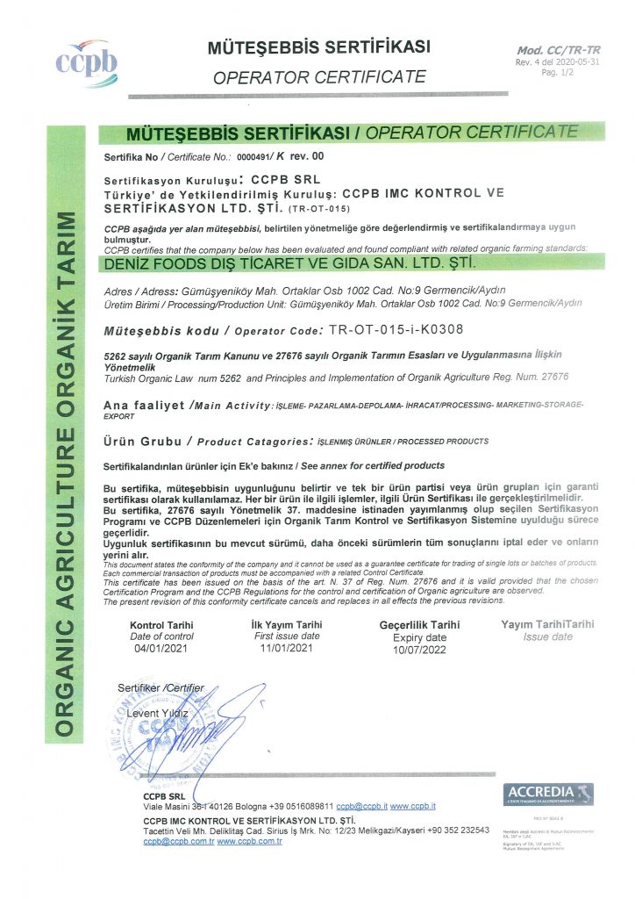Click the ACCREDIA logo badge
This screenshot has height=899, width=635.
click(549, 794)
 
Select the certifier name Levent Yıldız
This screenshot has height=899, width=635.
click(158, 713)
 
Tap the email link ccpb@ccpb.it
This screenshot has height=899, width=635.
click(361, 805)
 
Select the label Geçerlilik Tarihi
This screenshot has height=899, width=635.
click(419, 624)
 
